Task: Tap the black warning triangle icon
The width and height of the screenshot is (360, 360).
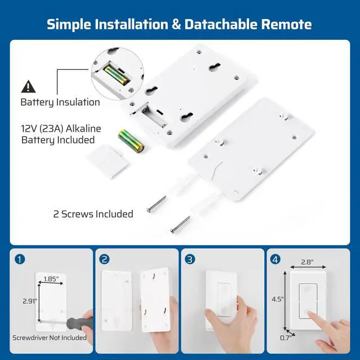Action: [x=28, y=87]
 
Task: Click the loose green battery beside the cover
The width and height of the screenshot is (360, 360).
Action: [x=131, y=141]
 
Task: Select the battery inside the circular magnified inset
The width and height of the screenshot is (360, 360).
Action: [x=116, y=75]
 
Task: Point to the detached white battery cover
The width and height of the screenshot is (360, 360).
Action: [x=107, y=161]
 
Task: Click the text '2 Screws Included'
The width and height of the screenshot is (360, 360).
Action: [x=93, y=214]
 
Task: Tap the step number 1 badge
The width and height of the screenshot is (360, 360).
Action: [x=20, y=259]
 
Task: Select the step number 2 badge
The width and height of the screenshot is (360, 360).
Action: [x=105, y=259]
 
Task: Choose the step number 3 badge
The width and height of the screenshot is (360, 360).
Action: [x=190, y=259]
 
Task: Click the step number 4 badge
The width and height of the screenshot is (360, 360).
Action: [x=275, y=259]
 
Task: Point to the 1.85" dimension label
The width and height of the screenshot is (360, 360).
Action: [x=51, y=279]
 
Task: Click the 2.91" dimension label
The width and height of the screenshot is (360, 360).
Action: [x=30, y=301]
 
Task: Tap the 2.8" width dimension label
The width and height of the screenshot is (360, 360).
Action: [x=308, y=262]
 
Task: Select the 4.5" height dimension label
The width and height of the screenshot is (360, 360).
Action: [x=277, y=299]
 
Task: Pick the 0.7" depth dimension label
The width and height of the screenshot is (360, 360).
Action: [x=286, y=337]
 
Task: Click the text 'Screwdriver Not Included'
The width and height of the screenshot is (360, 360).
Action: [x=49, y=337]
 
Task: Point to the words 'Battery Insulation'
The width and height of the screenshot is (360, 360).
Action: [x=60, y=102]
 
